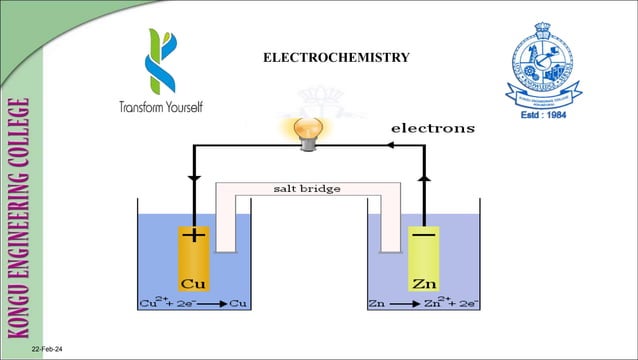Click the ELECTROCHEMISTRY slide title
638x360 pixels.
point(335,58)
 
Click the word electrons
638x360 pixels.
point(432,128)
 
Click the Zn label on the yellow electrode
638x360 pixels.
point(424,281)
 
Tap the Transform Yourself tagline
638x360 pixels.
point(160,107)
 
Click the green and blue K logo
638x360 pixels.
point(160,60)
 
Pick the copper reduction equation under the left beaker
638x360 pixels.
point(193,302)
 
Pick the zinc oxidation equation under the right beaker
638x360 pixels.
point(424,302)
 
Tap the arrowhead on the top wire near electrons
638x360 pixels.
point(391,145)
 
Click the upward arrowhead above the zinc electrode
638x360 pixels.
point(424,176)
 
